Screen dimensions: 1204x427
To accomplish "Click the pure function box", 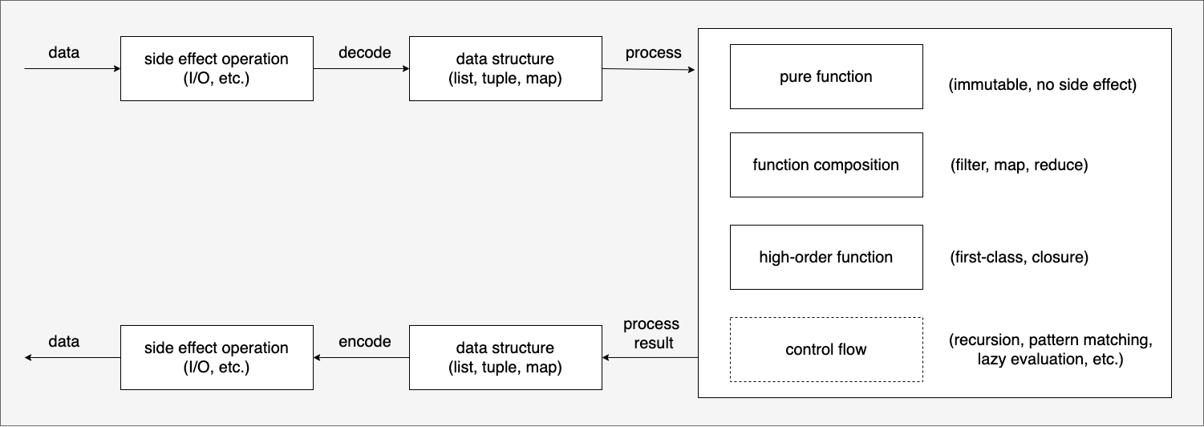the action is [x=826, y=76].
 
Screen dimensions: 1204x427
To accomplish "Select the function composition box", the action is [x=826, y=165].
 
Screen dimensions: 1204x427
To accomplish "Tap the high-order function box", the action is [x=826, y=257].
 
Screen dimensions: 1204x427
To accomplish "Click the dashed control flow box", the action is [x=826, y=350].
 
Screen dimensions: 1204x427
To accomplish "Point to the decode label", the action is [x=364, y=52].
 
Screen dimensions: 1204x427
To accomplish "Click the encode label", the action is [x=364, y=341].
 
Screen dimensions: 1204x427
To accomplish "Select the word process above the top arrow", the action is [x=653, y=53].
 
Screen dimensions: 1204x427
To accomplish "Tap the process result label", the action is [x=651, y=333].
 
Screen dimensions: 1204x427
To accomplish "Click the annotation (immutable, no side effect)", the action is [x=1042, y=84].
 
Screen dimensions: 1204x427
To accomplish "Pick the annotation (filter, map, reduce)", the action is [x=1019, y=165].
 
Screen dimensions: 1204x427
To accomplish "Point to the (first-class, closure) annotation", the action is [x=1019, y=257].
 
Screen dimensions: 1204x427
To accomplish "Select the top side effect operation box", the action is [x=217, y=68].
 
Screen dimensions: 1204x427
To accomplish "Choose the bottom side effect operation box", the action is [x=217, y=358].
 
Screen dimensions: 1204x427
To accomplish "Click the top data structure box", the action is [x=505, y=68].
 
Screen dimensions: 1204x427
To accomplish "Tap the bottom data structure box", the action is [x=505, y=358].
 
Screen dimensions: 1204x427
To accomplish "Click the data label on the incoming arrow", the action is [x=64, y=52].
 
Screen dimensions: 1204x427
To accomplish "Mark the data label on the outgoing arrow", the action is [x=64, y=341].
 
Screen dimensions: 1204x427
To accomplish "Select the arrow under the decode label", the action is [x=361, y=68].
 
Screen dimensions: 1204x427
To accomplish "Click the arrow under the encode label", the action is [x=361, y=358].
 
